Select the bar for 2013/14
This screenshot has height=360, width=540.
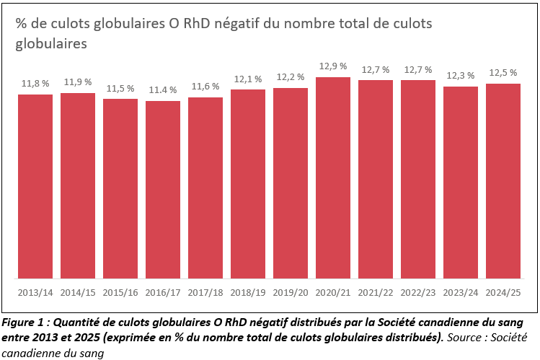(35, 186)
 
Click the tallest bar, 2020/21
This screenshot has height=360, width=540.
(333, 177)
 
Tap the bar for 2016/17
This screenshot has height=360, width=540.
(163, 190)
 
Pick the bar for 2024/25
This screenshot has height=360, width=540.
(503, 181)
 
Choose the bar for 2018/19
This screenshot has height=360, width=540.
(248, 184)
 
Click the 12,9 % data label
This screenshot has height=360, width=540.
(333, 66)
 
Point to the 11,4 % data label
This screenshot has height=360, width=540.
(163, 90)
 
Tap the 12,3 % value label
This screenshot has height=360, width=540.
(461, 76)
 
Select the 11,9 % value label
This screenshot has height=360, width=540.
(78, 82)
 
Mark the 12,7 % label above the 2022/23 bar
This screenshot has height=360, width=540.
(418, 70)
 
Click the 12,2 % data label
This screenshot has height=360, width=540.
(291, 77)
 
